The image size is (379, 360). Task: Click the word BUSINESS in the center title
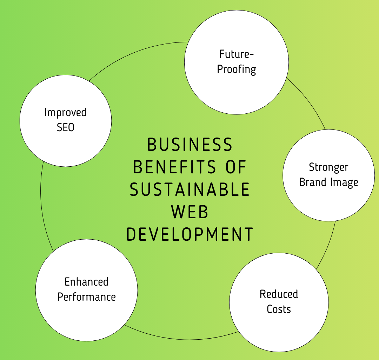[x=189, y=145]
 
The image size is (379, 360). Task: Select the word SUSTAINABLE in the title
[x=189, y=189]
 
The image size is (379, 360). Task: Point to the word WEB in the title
[x=189, y=212]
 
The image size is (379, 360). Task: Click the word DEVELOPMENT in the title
[x=189, y=234]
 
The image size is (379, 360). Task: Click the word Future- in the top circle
[x=237, y=54]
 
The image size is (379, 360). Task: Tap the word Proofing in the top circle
[x=237, y=69]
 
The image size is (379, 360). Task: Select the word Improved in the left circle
[x=65, y=113]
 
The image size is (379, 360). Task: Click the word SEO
[x=66, y=127]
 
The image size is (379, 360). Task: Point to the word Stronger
[x=328, y=167]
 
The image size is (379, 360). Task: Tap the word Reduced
[x=279, y=294]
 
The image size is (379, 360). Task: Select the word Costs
[x=279, y=309]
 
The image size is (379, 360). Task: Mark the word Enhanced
[x=86, y=282]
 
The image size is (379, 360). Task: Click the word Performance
[x=86, y=297]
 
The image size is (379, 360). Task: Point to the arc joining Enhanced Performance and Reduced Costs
[x=179, y=339]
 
